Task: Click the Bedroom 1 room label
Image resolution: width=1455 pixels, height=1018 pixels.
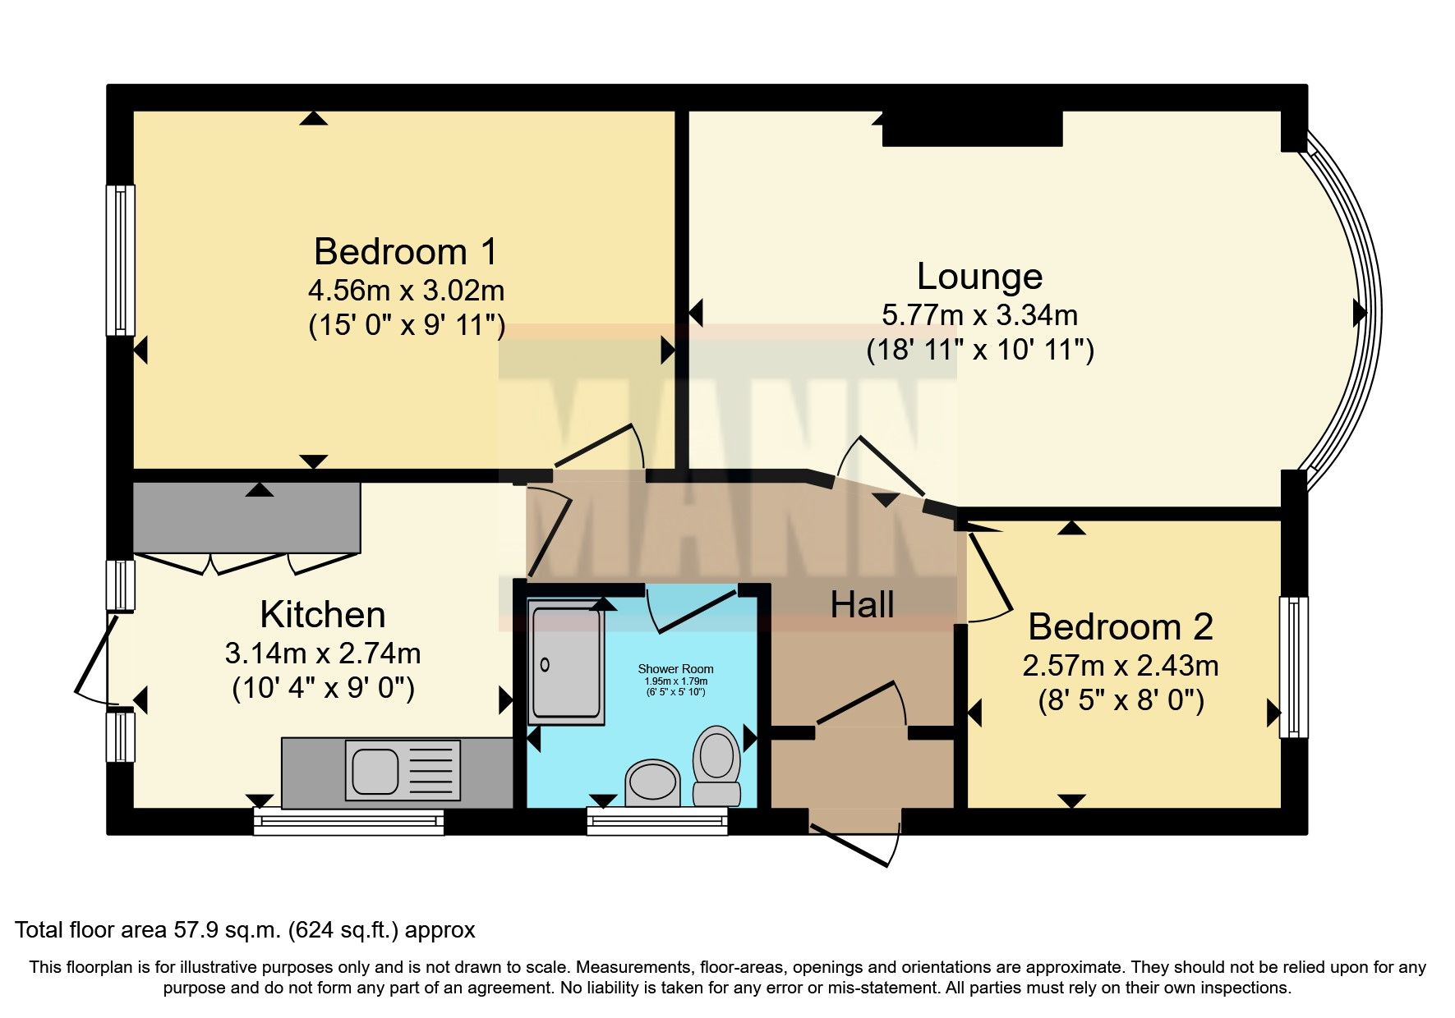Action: [x=405, y=251]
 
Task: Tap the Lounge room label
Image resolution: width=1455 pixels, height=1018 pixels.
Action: [x=979, y=277]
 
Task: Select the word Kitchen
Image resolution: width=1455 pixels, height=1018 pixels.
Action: [x=322, y=614]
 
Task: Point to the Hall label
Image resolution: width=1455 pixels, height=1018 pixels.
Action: [x=862, y=605]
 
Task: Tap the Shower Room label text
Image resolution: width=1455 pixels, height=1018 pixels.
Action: [x=675, y=669]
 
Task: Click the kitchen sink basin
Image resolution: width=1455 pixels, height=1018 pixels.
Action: [x=375, y=771]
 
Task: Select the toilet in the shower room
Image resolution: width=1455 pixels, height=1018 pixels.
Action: [x=716, y=763]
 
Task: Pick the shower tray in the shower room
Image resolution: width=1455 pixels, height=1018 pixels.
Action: [x=566, y=662]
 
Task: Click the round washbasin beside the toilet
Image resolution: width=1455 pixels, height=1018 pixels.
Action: [x=653, y=783]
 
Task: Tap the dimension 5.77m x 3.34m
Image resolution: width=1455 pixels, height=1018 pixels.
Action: [x=979, y=314]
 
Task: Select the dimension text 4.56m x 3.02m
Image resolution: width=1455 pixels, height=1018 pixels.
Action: [x=405, y=290]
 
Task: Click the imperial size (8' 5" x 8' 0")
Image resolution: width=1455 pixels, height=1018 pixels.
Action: [x=1121, y=702]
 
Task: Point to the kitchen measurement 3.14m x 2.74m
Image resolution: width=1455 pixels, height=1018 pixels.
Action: [x=322, y=653]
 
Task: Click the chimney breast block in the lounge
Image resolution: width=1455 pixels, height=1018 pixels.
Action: [x=973, y=129]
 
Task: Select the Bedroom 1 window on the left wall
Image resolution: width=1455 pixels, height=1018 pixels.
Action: [x=120, y=259]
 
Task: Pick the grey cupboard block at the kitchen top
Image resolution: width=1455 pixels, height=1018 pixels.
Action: [x=246, y=517]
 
